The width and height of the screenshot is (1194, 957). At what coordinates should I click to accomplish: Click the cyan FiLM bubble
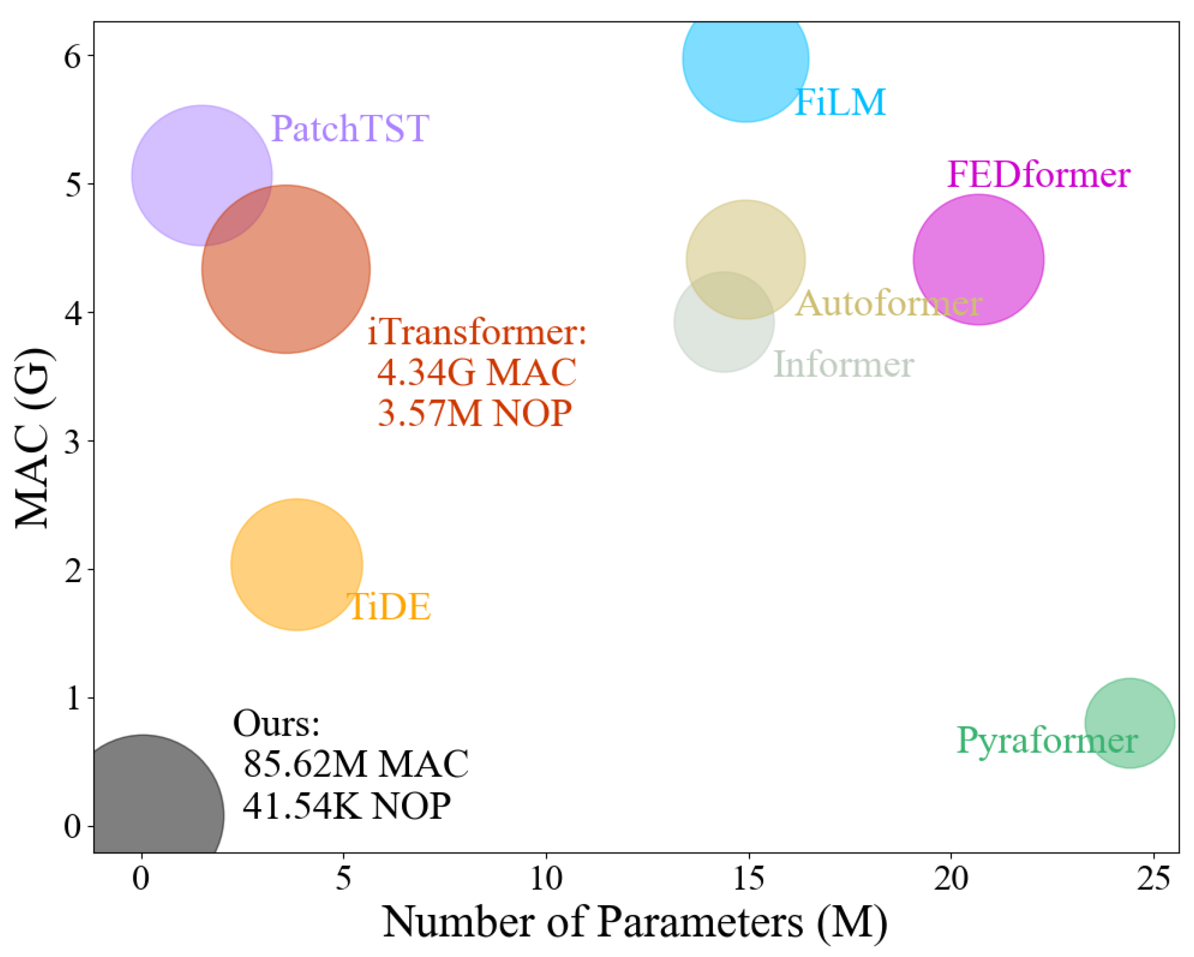point(745,61)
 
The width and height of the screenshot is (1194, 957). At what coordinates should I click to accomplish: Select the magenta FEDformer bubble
point(978,259)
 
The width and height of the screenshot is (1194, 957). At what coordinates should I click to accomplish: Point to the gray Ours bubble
point(149,803)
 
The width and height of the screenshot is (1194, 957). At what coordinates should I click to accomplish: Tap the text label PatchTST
point(350,128)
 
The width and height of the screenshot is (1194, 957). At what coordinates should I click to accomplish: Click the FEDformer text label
point(1038,175)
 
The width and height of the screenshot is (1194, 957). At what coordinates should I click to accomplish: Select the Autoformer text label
point(888,303)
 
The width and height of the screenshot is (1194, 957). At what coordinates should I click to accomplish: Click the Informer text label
point(843,365)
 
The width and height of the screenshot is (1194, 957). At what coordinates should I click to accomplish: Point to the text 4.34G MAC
point(477,372)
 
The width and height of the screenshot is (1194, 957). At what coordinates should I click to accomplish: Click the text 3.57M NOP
point(475,413)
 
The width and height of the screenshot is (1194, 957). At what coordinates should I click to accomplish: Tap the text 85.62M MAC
point(356,764)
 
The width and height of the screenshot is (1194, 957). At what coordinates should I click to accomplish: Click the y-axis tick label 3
point(72,442)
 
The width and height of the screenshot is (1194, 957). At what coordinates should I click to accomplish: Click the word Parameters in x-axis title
point(700,922)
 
